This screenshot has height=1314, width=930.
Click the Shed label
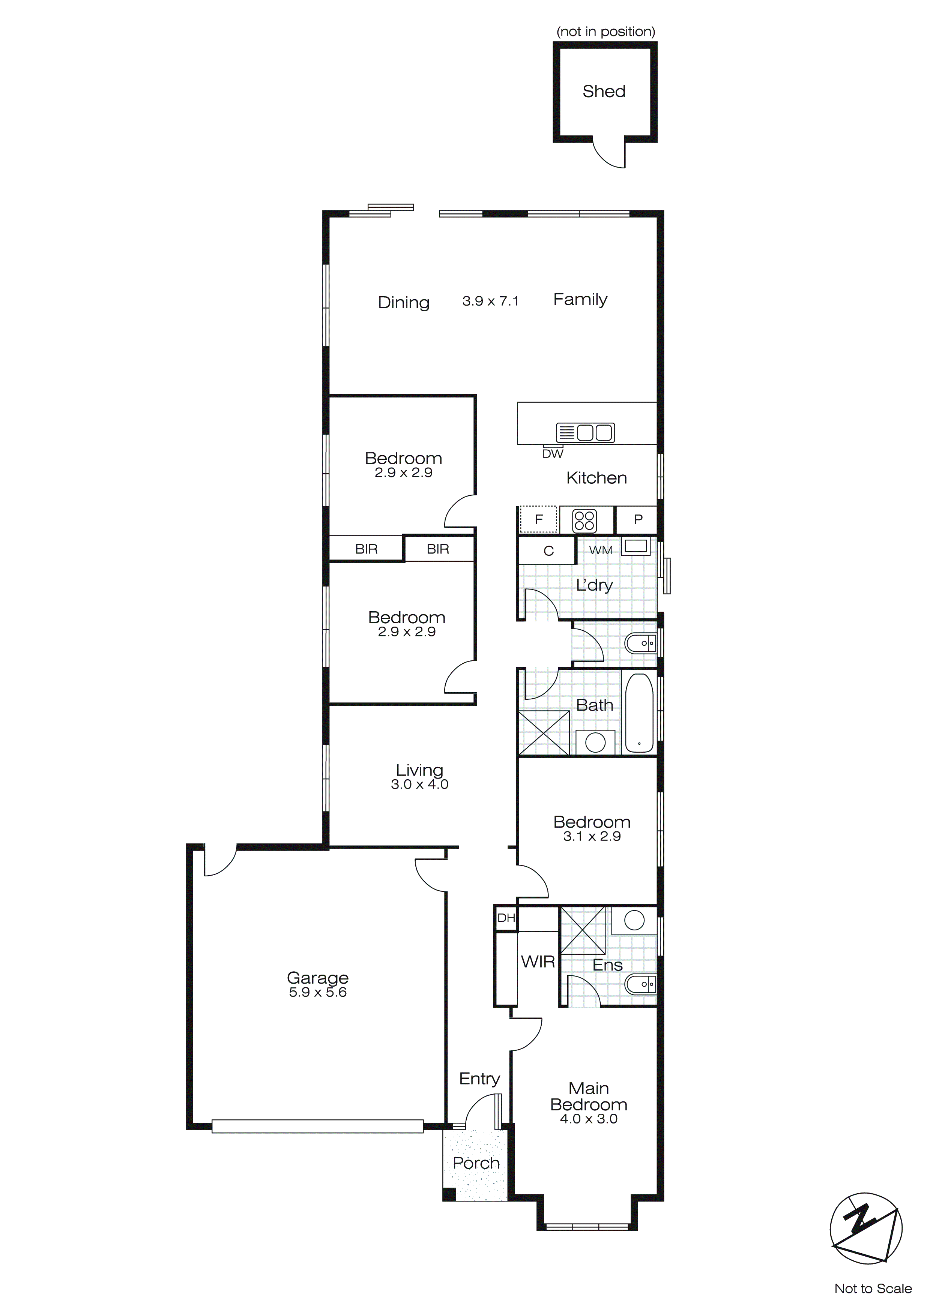(x=604, y=91)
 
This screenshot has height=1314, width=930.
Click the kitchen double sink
(x=585, y=433)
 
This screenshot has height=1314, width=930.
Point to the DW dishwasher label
(x=553, y=454)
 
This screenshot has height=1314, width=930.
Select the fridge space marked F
(x=538, y=520)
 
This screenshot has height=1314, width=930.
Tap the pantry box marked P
(x=637, y=520)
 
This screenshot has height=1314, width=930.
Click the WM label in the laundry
(x=601, y=550)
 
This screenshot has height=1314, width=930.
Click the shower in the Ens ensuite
(x=582, y=930)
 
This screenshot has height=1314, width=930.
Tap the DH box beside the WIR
(x=506, y=918)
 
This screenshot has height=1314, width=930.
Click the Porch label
(x=476, y=1163)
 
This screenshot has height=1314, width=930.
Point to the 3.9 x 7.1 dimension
(x=490, y=301)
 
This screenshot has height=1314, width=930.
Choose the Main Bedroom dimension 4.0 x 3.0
(x=588, y=1119)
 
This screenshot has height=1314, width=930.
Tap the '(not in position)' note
(x=605, y=32)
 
